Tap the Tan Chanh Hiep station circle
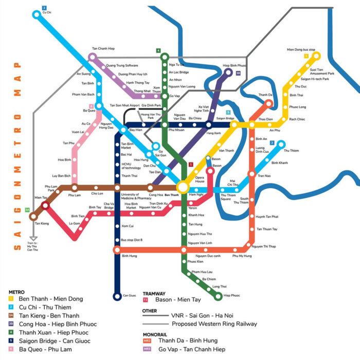coord(93,57)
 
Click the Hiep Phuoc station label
coord(232,296)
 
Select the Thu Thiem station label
coord(291,151)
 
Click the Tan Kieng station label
coord(41,224)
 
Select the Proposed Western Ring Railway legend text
coord(215,324)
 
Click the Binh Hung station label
coord(129,255)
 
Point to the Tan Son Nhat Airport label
coord(124,105)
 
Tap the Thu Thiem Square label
coord(229,197)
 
